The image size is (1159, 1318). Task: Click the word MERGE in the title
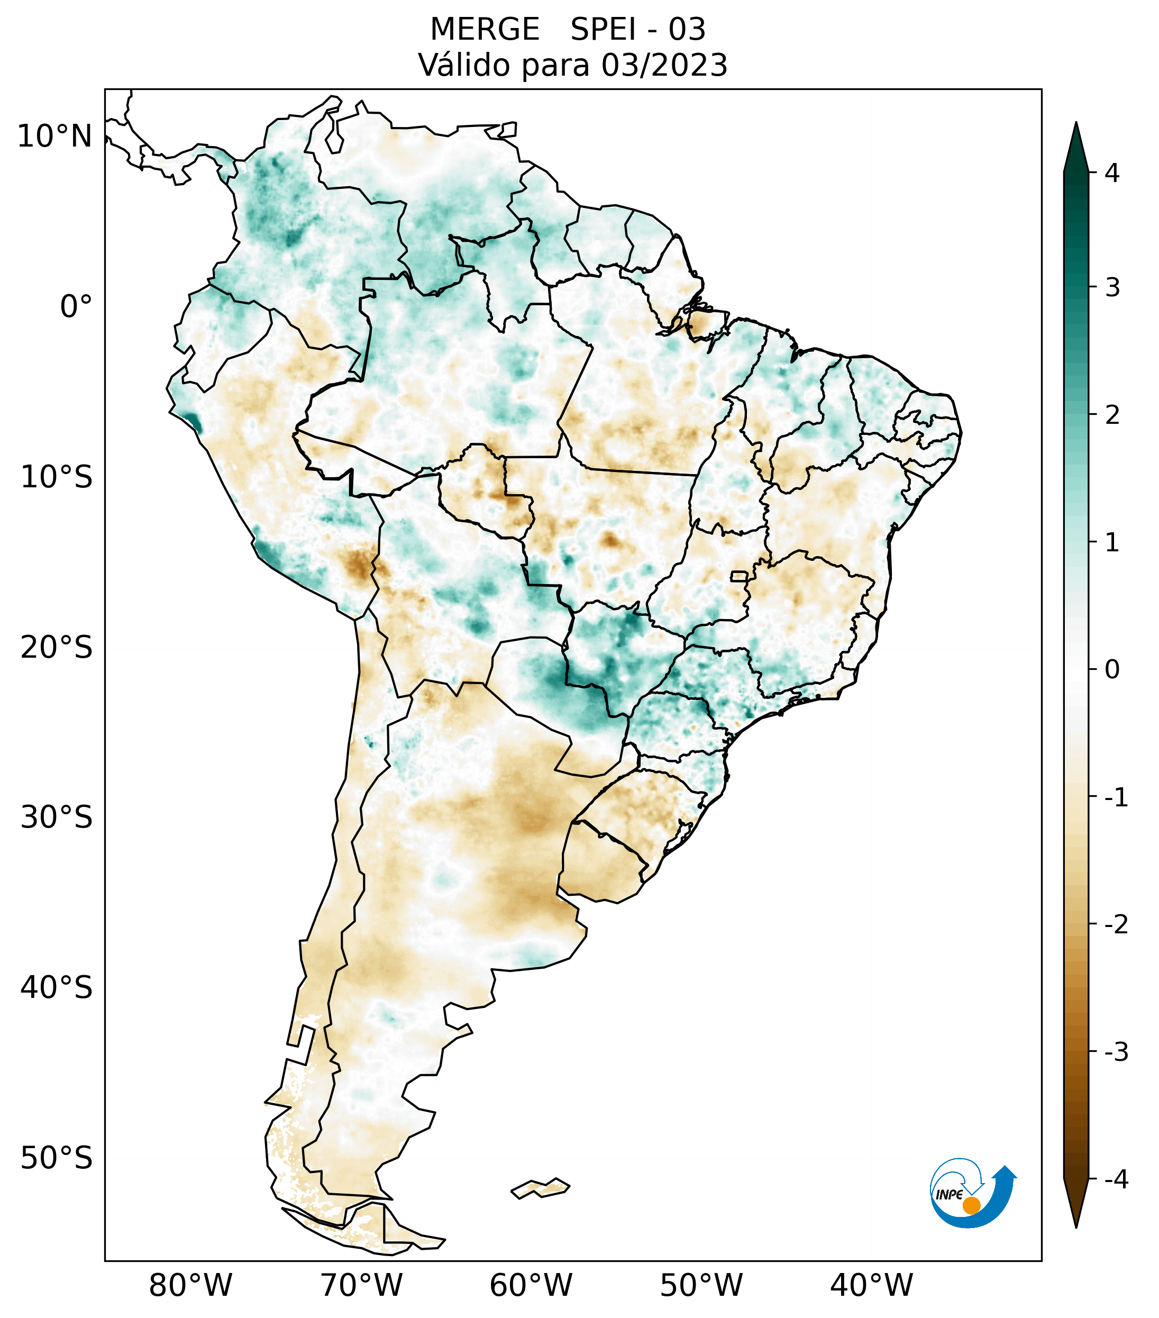(x=485, y=30)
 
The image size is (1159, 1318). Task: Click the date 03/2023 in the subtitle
(x=664, y=65)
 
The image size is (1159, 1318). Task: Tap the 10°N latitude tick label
(x=55, y=137)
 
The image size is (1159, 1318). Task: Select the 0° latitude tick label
(x=76, y=307)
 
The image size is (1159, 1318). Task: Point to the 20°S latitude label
(x=57, y=648)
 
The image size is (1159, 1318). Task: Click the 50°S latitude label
(x=57, y=1159)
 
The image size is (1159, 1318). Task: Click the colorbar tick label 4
(x=1112, y=173)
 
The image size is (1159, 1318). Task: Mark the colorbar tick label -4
(x=1116, y=1180)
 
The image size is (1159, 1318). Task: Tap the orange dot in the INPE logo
(x=971, y=1205)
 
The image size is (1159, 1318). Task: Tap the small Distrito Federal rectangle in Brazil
(x=740, y=575)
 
